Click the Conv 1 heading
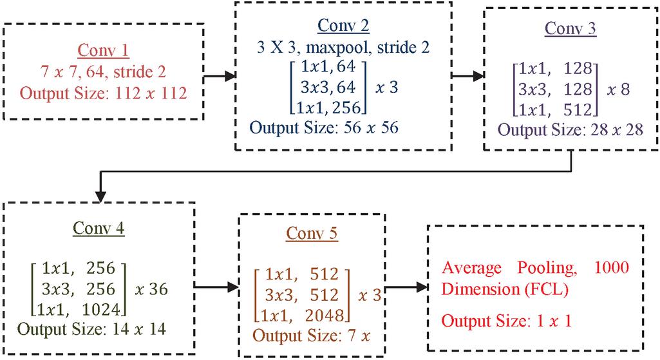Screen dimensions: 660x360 click(x=103, y=50)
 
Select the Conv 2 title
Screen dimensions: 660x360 click(x=343, y=25)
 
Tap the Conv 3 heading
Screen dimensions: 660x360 click(x=570, y=28)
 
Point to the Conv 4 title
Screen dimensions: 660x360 click(x=99, y=228)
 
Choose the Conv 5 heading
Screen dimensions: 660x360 click(x=312, y=233)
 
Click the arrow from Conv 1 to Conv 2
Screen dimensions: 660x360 click(x=220, y=76)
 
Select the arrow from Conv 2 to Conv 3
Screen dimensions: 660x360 click(x=467, y=76)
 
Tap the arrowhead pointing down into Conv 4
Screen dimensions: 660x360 click(x=100, y=196)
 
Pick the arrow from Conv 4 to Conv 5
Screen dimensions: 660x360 click(x=217, y=287)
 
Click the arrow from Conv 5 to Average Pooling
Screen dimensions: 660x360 click(x=406, y=287)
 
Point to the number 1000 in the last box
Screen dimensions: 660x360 click(x=612, y=267)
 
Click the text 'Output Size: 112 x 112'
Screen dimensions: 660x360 click(x=103, y=93)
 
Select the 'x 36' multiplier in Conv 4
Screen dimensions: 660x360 click(x=151, y=289)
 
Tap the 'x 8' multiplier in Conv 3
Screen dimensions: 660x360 click(x=618, y=90)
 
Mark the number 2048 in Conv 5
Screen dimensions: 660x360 click(x=325, y=315)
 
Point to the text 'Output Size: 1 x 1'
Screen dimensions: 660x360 click(x=506, y=321)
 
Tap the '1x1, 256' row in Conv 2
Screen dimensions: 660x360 click(x=329, y=108)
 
